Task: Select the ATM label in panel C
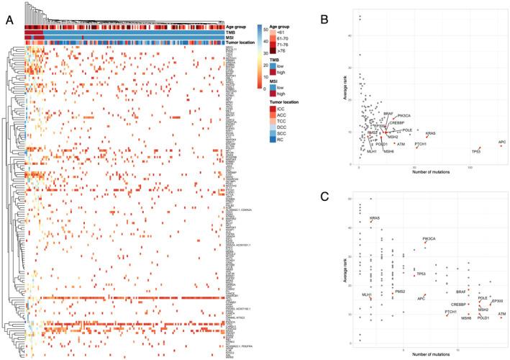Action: tap(502, 314)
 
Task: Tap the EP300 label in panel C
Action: tap(496, 289)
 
